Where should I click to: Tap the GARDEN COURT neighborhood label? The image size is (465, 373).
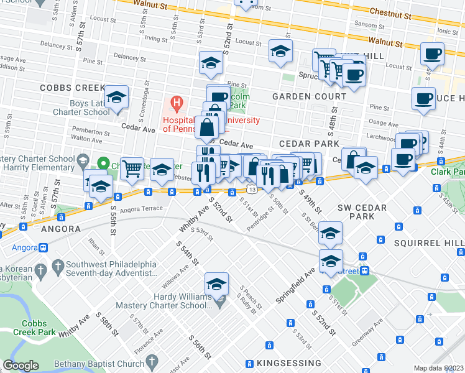[x=309, y=97]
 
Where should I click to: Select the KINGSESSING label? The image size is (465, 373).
[x=284, y=362]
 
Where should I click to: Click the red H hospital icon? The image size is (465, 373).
[x=177, y=102]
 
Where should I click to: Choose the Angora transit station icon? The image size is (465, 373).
[x=44, y=247]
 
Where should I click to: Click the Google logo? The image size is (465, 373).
[x=21, y=366]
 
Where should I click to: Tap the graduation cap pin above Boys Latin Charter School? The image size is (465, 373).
[x=116, y=98]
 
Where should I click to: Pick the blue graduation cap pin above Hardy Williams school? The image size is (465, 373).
[x=216, y=284]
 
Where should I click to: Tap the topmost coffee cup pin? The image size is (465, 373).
[x=431, y=53]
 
